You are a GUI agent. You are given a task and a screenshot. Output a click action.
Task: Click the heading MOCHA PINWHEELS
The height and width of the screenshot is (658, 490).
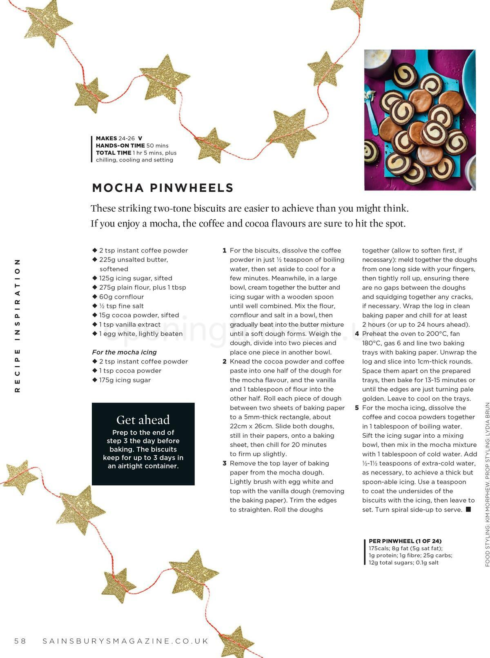[163, 188]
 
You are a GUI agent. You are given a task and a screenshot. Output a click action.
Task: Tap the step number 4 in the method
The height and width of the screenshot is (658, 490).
[357, 334]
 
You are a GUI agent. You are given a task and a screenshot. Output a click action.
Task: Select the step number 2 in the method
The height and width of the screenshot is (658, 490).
[225, 361]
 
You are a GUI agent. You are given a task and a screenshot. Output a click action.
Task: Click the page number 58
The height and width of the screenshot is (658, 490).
[20, 641]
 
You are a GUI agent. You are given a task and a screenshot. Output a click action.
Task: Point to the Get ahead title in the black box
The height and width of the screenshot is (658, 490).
[143, 420]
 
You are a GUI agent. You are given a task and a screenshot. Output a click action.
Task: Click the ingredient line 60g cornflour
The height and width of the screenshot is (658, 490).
[121, 297]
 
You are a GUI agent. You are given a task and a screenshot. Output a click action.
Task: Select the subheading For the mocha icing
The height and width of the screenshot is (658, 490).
[124, 352]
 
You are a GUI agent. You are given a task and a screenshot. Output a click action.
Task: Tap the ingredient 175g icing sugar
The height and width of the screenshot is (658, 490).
[125, 380]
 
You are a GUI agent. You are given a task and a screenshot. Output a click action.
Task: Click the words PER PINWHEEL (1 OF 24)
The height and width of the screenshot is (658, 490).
[405, 541]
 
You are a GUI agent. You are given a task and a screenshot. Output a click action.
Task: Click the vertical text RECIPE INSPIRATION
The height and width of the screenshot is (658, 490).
[17, 325]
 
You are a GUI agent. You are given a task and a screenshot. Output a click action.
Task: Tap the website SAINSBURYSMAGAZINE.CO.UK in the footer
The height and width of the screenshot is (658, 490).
[125, 641]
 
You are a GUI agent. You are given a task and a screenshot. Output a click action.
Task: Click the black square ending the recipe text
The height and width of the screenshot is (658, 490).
[468, 509]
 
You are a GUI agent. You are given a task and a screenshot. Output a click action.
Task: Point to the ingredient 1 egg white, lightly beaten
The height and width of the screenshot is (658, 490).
[140, 334]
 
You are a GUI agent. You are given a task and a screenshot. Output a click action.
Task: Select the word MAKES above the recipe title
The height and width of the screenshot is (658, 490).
[106, 138]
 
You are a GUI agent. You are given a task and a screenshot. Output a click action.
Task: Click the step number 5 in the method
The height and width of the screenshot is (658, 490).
[357, 408]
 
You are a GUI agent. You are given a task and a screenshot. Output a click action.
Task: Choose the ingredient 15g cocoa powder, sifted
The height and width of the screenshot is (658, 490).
[139, 315]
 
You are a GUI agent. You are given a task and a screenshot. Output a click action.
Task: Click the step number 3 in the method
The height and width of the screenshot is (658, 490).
[225, 463]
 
